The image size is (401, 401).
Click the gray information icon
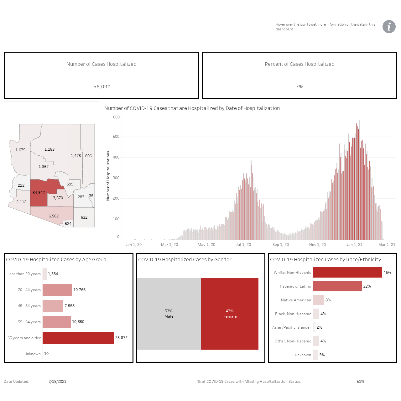point(389,27)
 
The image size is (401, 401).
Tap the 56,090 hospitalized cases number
point(102,86)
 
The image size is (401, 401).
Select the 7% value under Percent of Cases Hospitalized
point(299,86)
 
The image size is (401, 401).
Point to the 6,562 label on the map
point(54,216)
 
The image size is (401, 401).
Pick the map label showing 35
point(91,195)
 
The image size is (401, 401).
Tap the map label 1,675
point(20,150)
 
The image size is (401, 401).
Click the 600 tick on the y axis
point(116,117)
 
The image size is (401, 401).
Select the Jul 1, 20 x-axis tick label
point(243,244)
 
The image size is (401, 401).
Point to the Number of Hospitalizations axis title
point(108,176)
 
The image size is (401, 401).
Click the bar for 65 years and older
point(78,337)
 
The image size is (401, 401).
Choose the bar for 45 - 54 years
point(53,305)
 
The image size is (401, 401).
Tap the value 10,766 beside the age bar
point(79,290)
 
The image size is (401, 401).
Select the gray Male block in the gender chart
point(169,314)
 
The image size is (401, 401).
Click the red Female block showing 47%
point(230,314)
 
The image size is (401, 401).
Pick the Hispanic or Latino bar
point(337,286)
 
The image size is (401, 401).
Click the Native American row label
point(296,300)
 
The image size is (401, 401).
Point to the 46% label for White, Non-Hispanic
point(387,272)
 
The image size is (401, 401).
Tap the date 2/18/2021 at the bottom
point(57,382)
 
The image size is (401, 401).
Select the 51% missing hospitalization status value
point(361,382)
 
